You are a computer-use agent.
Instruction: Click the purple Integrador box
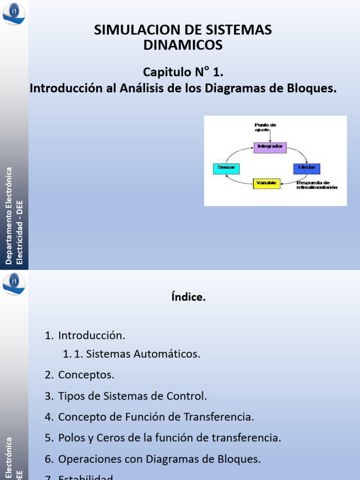(270, 147)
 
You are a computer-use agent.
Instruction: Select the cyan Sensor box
(226, 168)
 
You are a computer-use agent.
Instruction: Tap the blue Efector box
(307, 168)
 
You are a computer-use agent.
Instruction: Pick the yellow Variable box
(266, 183)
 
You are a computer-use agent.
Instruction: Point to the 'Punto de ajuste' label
(265, 127)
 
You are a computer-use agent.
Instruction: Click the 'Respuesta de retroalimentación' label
(316, 185)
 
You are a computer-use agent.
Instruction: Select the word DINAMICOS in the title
(182, 45)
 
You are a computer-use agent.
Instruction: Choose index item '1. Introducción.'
(85, 335)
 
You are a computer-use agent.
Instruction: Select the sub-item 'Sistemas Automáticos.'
(143, 354)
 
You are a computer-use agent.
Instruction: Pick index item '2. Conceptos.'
(80, 375)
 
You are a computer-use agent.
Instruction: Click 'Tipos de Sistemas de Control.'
(132, 396)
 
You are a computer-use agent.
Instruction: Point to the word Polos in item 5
(70, 438)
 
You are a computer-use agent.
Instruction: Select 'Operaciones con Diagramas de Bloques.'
(159, 459)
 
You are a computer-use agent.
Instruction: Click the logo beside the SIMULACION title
(14, 13)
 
